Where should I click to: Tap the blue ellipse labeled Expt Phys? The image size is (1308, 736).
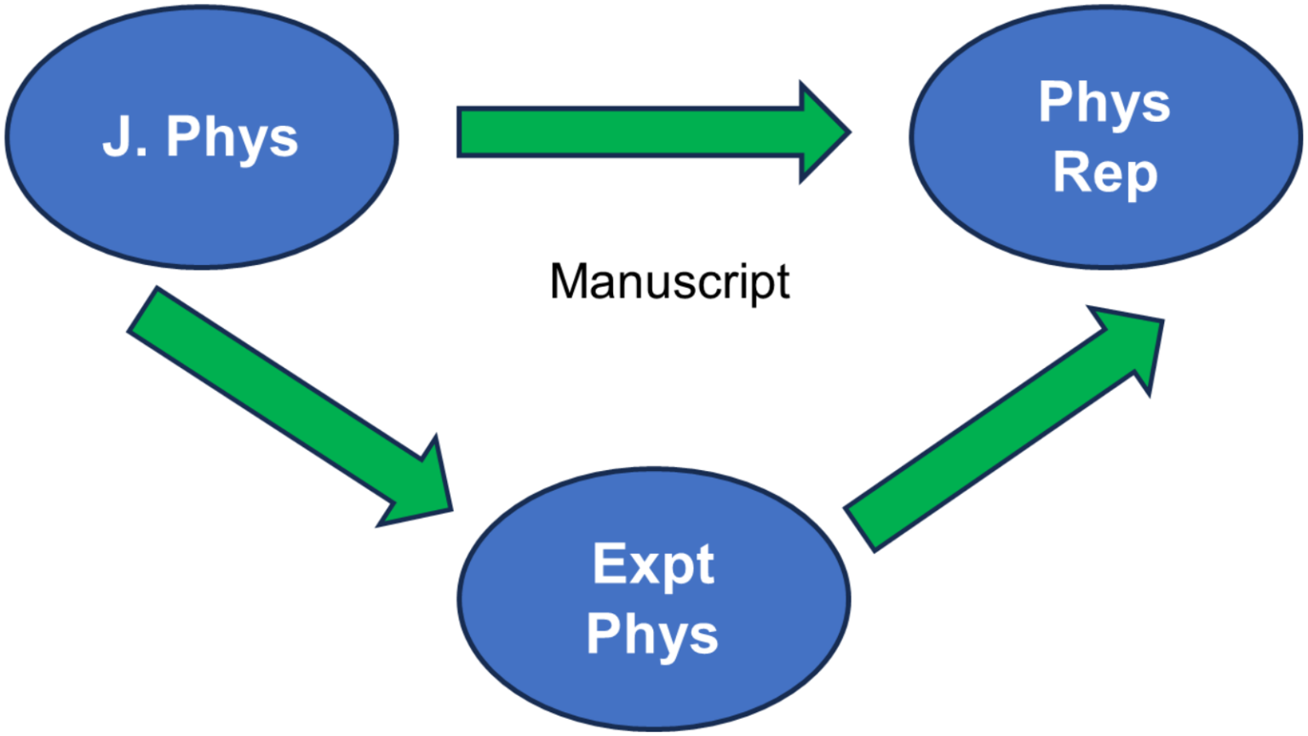point(653,511)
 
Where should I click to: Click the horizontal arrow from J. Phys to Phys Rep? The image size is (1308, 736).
point(630,132)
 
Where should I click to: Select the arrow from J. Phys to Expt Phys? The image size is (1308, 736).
point(281,400)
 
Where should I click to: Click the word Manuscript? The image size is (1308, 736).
point(670,282)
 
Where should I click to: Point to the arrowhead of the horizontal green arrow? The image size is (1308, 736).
point(823,132)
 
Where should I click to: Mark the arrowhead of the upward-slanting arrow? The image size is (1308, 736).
point(1133,341)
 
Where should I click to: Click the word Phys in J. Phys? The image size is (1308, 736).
point(232,137)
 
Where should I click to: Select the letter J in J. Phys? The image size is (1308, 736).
point(116,135)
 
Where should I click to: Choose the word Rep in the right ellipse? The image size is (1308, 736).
point(1104,174)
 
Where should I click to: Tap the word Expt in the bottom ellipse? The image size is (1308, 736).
point(653,564)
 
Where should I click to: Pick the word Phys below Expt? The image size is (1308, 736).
point(652,635)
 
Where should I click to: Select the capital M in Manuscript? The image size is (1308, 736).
point(569,281)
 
